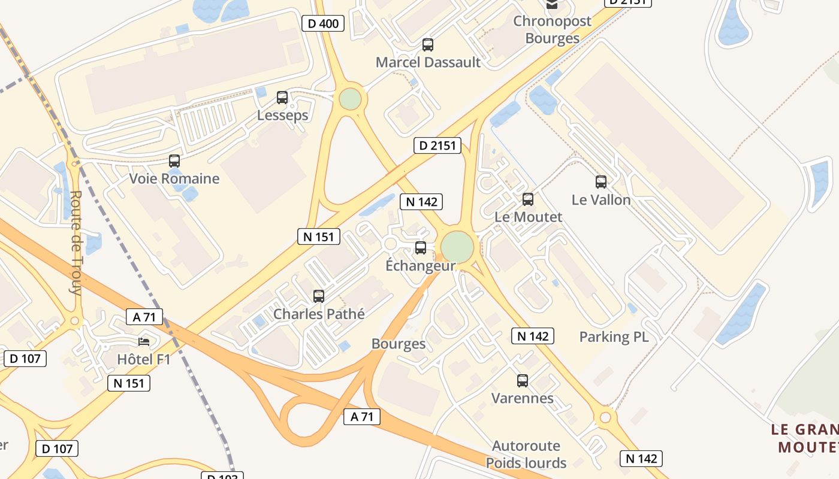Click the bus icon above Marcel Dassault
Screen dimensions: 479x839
point(428,44)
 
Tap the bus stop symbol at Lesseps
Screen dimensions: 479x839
point(282,98)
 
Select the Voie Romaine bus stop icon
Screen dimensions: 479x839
point(174,161)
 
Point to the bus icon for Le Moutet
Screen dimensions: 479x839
point(528,199)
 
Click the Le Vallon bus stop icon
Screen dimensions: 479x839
point(601,182)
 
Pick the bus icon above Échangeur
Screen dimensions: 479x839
point(421,248)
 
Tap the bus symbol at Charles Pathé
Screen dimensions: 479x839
point(319,296)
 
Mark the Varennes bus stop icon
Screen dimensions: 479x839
point(523,381)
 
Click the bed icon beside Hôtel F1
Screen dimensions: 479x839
point(144,342)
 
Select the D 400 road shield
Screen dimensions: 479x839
point(323,24)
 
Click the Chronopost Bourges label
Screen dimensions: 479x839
point(552,30)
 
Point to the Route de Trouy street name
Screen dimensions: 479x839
point(76,242)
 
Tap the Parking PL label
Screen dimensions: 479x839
point(614,337)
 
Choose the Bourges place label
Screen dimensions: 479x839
point(399,344)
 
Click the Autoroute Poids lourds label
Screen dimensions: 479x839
point(526,454)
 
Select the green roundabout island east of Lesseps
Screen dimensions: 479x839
point(350,99)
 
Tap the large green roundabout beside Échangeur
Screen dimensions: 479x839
point(457,247)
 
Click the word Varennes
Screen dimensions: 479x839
point(523,398)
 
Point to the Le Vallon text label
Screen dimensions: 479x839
point(601,200)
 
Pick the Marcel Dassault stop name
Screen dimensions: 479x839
point(428,62)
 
